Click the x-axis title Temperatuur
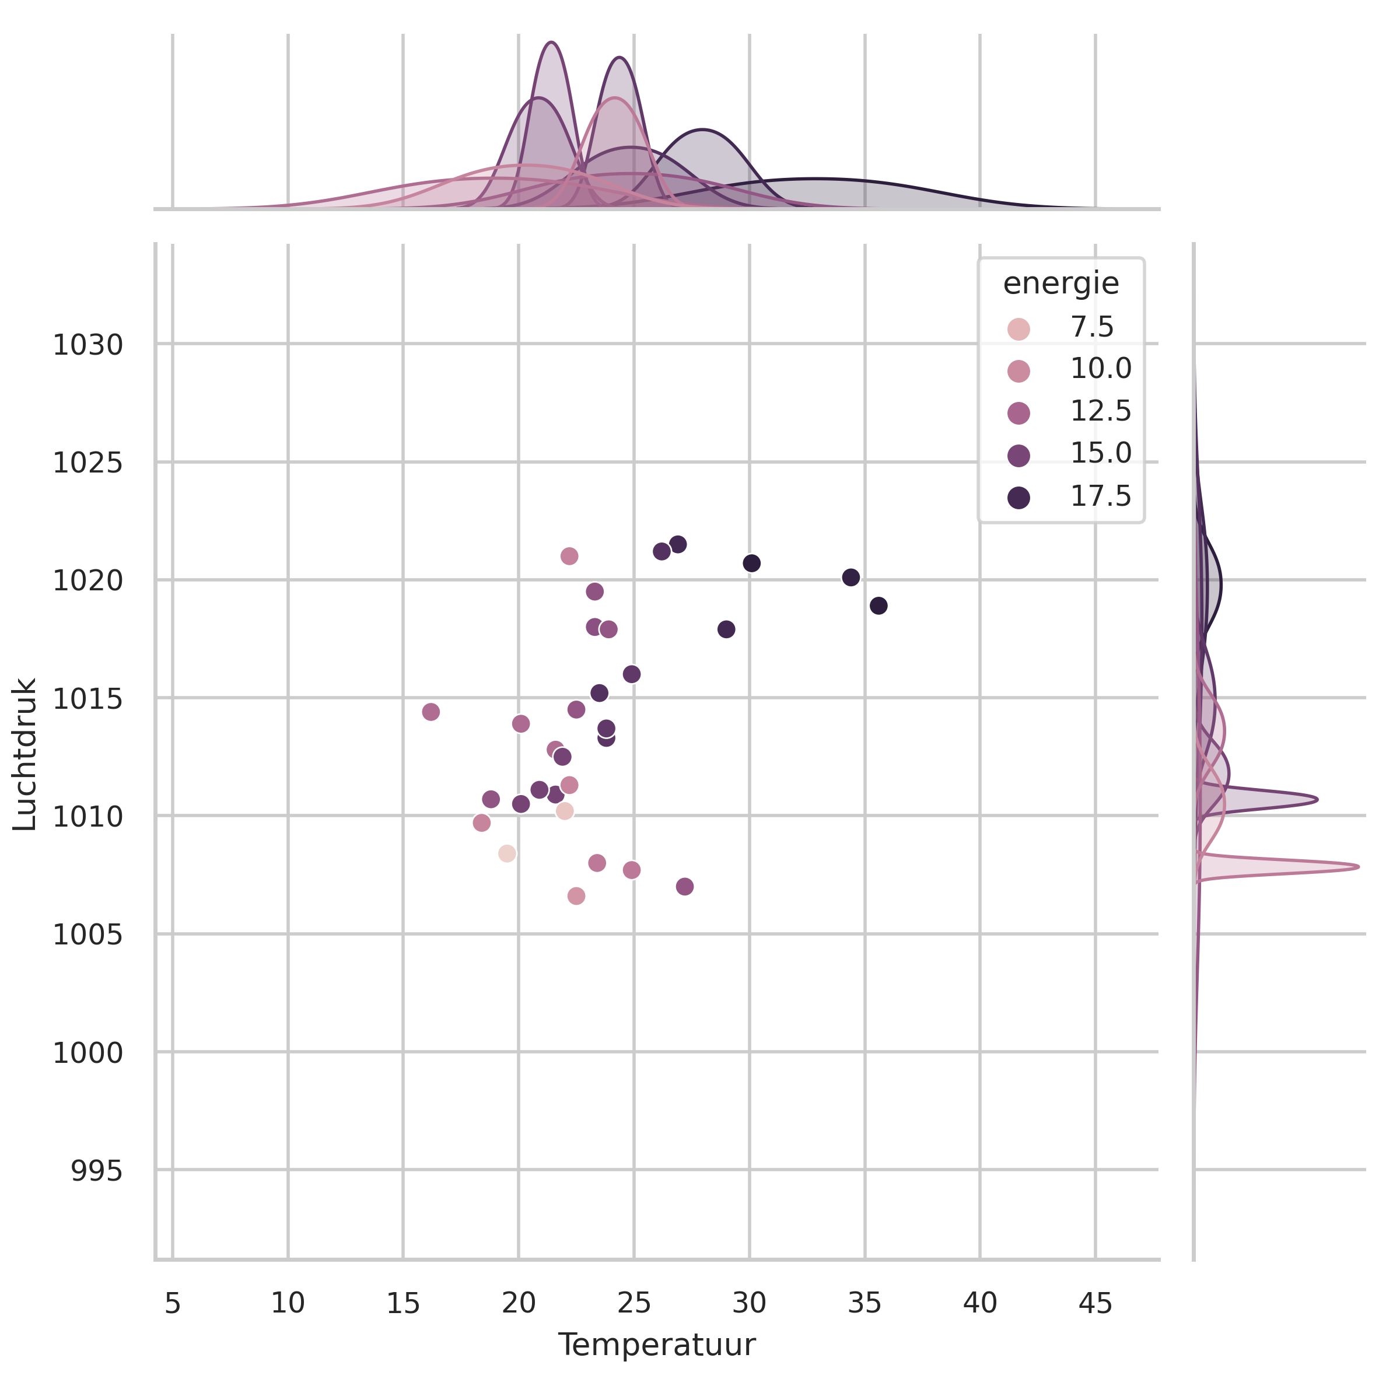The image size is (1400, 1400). [656, 1345]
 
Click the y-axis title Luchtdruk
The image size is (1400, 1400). [25, 754]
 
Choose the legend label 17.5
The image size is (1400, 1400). [1100, 496]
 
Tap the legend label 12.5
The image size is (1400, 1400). [1100, 412]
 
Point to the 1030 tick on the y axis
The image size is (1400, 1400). [87, 345]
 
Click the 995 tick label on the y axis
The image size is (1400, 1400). [96, 1172]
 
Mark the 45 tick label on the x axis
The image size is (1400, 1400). [1095, 1304]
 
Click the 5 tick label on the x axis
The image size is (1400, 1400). [173, 1304]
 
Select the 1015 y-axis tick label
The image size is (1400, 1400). [87, 699]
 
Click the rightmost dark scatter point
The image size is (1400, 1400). [878, 606]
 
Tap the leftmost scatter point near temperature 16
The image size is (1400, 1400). [430, 712]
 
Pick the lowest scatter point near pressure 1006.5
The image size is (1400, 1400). [576, 897]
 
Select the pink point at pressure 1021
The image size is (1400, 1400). [569, 556]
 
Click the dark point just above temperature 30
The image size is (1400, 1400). [751, 563]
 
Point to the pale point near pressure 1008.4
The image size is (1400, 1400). [508, 853]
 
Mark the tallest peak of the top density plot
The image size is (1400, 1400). [551, 42]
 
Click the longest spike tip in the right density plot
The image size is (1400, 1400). [1358, 867]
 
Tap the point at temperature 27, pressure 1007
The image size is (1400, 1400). [685, 887]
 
